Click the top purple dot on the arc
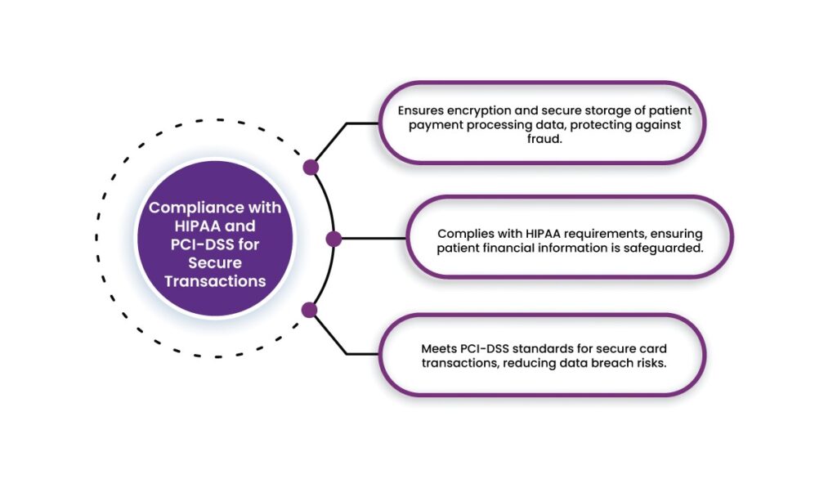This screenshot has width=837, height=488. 311,168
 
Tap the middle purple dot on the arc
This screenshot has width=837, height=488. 333,239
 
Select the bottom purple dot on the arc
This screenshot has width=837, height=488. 309,310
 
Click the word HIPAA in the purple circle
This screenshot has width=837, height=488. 190,226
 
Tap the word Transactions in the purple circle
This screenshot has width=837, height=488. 215,281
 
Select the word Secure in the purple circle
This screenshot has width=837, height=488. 215,263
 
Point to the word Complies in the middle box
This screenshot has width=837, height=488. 463,232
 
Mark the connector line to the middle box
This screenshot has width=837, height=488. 372,239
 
